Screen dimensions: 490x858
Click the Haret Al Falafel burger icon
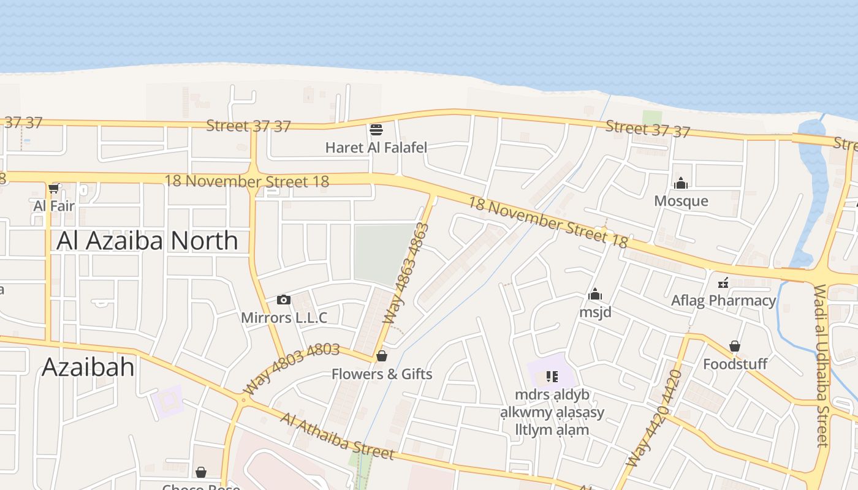pyautogui.click(x=376, y=130)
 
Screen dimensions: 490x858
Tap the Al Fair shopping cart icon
pyautogui.click(x=54, y=188)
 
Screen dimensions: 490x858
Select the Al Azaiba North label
pyautogui.click(x=147, y=241)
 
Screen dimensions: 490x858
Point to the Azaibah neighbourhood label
pyautogui.click(x=88, y=367)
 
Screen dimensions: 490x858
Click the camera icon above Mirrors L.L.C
pyautogui.click(x=283, y=300)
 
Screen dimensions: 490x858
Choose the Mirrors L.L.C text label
pyautogui.click(x=284, y=318)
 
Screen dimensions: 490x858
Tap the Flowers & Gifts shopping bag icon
pyautogui.click(x=382, y=356)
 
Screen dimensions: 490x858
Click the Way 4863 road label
pyautogui.click(x=405, y=274)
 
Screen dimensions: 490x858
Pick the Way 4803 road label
pyautogui.click(x=291, y=368)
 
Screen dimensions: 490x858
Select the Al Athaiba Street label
pyautogui.click(x=337, y=436)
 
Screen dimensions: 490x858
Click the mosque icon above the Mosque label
pyautogui.click(x=681, y=183)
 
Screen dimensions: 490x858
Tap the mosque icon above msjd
pyautogui.click(x=595, y=295)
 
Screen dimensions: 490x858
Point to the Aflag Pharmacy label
pyautogui.click(x=723, y=301)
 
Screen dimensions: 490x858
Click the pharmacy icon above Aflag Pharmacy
pyautogui.click(x=723, y=283)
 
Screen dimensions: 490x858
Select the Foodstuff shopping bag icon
pyautogui.click(x=735, y=347)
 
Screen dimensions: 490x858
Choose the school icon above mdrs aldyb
pyautogui.click(x=552, y=376)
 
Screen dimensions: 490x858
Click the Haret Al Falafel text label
pyautogui.click(x=376, y=148)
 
